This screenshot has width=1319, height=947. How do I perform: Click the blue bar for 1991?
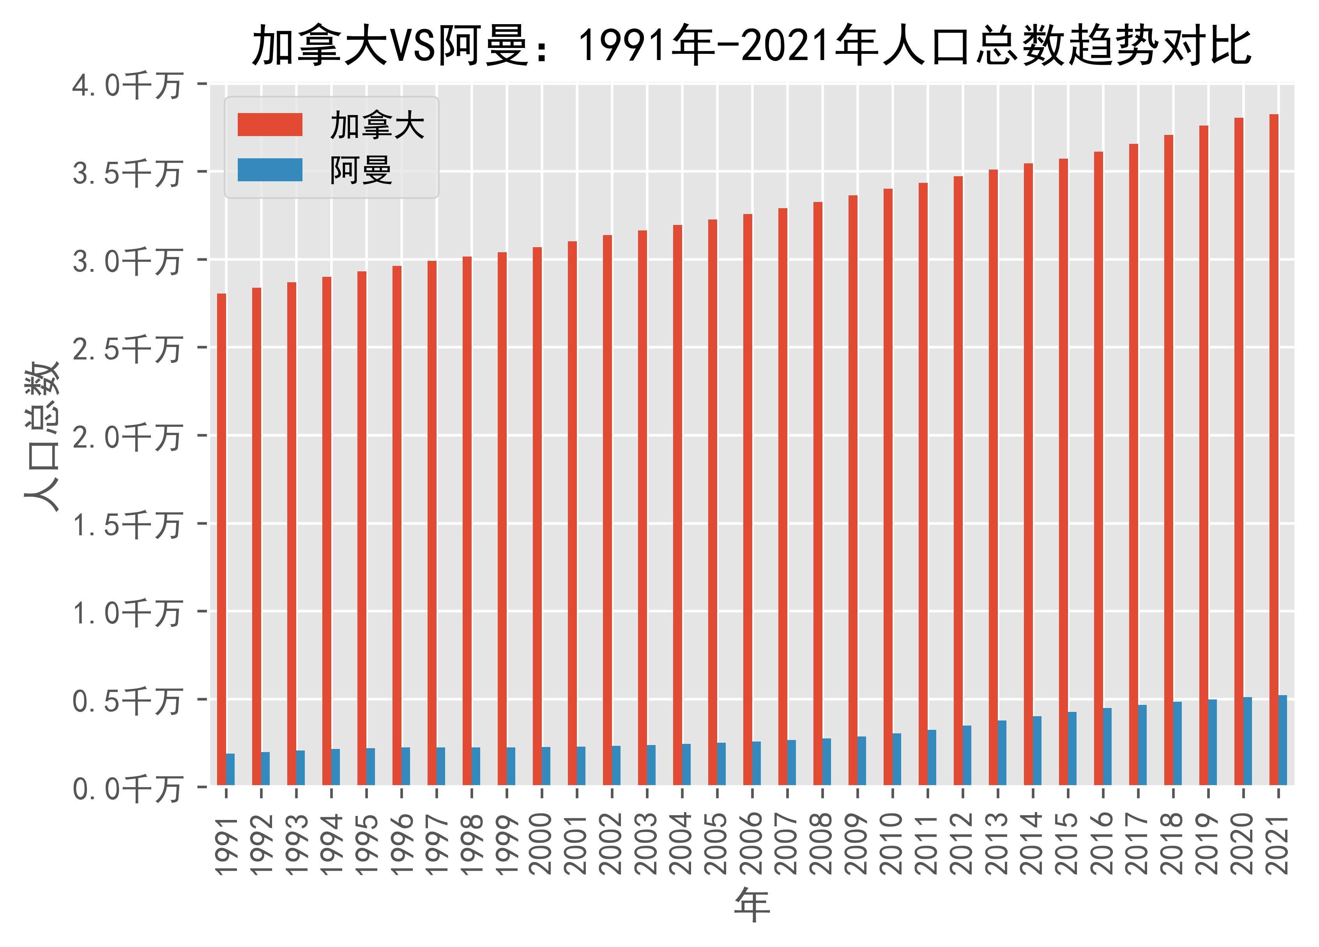click(230, 769)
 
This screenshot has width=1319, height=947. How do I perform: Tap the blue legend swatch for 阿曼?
click(270, 170)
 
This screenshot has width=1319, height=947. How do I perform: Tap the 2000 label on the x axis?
click(541, 843)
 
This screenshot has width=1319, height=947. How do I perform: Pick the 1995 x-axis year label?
click(366, 843)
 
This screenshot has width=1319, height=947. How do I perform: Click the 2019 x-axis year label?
click(1208, 843)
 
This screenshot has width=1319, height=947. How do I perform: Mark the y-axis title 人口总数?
click(42, 436)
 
